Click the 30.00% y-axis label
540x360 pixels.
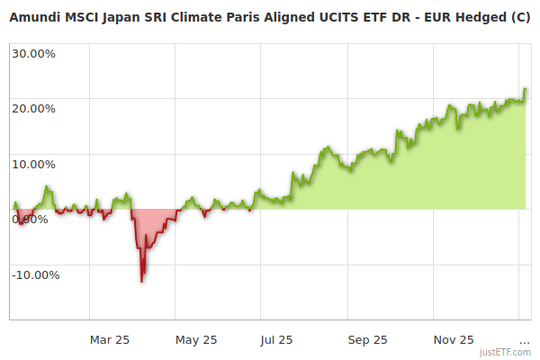(33, 52)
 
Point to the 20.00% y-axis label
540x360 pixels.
(33, 108)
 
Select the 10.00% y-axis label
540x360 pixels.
(33, 164)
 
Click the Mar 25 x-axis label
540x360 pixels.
(110, 339)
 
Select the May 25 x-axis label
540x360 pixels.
(196, 339)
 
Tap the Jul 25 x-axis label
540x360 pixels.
(277, 339)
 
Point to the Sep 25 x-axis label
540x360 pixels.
(367, 339)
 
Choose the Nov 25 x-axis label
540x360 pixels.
(454, 339)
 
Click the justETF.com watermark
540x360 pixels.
(505, 352)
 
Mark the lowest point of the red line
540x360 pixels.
(142, 281)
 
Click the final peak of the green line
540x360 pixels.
(525, 89)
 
